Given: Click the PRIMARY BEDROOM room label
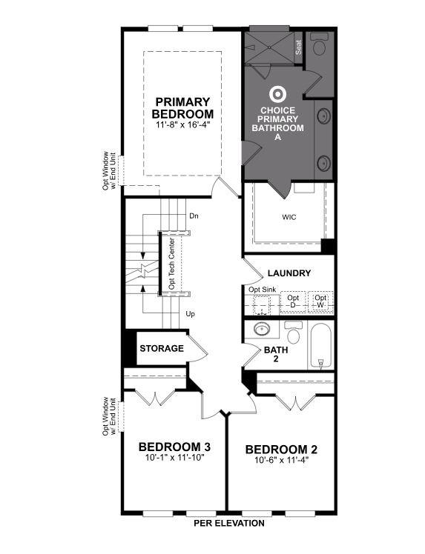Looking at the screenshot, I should [x=182, y=108].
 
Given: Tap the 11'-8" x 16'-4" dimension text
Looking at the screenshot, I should [x=182, y=125].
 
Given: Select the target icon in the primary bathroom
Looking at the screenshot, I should [x=278, y=95].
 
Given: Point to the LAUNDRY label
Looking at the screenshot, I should [x=289, y=273].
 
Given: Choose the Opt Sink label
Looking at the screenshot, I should [x=262, y=289].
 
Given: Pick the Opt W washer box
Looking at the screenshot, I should [x=320, y=302].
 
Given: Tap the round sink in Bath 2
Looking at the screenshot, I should [x=261, y=330].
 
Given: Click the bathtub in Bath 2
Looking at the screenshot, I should [x=320, y=346].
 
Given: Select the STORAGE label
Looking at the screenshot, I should [x=162, y=348].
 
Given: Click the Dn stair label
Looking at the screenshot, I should [x=194, y=216].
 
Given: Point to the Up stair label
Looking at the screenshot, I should [x=191, y=314].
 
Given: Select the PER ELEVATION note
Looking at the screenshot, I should [x=229, y=523].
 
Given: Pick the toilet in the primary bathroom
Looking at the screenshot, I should [x=320, y=47].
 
